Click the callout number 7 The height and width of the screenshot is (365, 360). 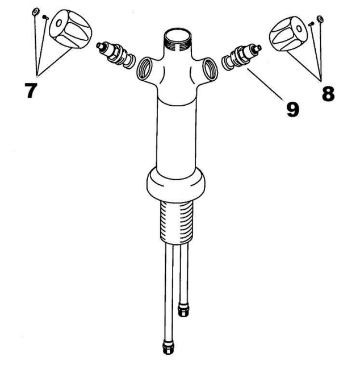tap(31, 90)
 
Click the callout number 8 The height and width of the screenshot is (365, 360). tap(328, 94)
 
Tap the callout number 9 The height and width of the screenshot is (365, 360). tap(292, 110)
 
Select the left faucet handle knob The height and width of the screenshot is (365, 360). tap(71, 29)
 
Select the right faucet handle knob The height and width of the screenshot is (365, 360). tap(288, 34)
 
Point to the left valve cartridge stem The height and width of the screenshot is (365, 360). tap(116, 55)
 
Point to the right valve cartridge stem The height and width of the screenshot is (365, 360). tap(241, 56)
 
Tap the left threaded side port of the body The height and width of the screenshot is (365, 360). tap(144, 69)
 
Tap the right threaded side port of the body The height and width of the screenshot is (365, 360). tap(210, 69)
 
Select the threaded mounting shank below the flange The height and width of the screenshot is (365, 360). tap(177, 222)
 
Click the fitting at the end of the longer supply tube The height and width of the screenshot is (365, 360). tap(168, 347)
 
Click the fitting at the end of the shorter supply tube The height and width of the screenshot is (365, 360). tap(183, 309)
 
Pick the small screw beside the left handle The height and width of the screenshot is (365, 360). tap(45, 17)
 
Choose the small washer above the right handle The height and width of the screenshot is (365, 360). tap(320, 19)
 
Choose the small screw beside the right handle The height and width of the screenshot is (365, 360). tap(311, 24)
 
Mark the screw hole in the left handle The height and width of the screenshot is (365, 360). tap(59, 23)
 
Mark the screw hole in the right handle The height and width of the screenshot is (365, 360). tap(299, 28)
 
